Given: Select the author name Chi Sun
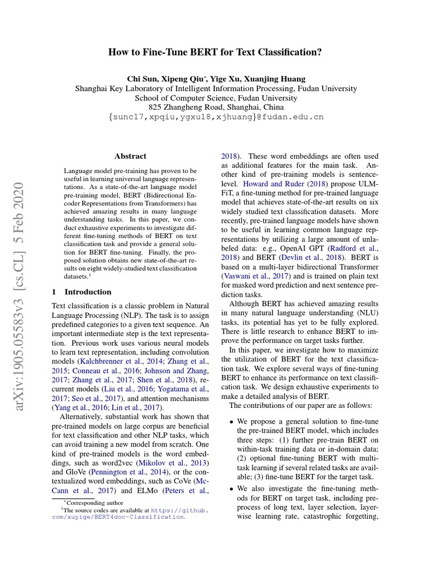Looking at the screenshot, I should point(142,78).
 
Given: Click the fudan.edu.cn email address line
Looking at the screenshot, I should point(216,117).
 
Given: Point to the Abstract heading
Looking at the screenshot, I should point(130,156).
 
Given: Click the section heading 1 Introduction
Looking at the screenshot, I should point(82,292).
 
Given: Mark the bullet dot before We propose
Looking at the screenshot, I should point(231,421).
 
